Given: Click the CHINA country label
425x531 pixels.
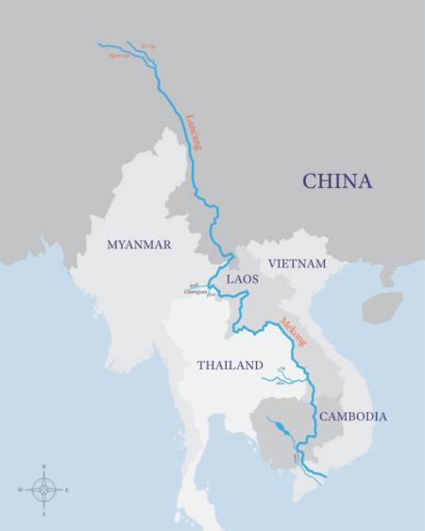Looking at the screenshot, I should [337, 181].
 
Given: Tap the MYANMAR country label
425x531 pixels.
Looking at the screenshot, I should [139, 245].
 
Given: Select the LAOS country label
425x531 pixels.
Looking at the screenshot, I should [243, 280].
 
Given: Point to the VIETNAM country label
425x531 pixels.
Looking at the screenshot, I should [297, 263].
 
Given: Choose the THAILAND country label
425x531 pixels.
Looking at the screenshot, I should [229, 365].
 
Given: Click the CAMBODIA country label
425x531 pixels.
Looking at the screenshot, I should [353, 416].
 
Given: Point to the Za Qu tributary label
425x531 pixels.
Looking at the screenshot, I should [145, 44].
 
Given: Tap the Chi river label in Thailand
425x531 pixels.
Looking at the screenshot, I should [280, 369].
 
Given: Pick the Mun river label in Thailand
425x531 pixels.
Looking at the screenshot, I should [280, 384].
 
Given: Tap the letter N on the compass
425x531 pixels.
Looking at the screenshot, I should [43, 468].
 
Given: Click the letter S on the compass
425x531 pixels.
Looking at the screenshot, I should [43, 514].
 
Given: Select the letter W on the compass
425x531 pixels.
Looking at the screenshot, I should [20, 490].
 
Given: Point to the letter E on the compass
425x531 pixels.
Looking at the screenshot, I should [67, 490].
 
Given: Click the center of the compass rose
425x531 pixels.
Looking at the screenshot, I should [43, 490].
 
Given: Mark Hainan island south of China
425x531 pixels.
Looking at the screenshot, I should [382, 307].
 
